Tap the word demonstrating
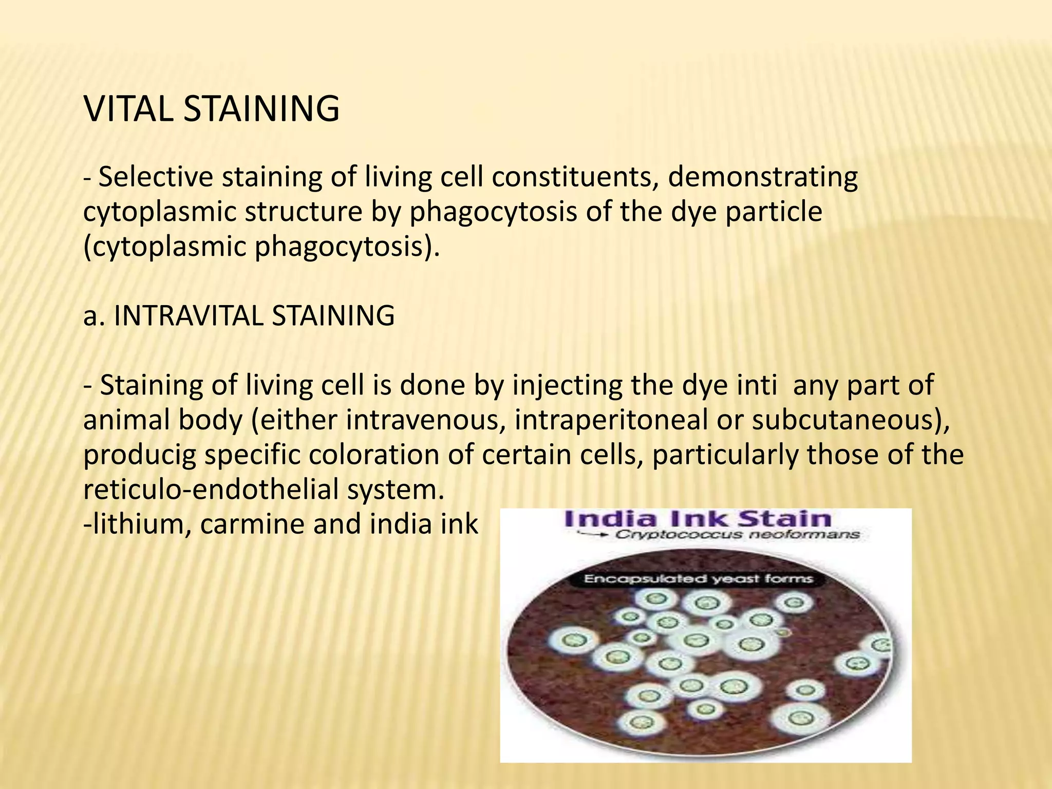763,177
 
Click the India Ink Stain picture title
697,519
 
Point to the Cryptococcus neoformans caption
737,535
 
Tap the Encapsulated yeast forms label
698,579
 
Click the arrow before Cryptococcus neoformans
593,535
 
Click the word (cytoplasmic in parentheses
165,247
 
